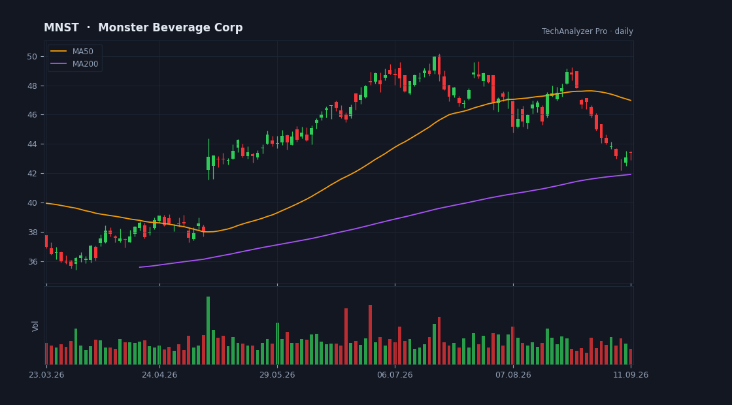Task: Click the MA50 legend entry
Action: tap(75, 52)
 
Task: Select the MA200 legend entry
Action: tap(75, 64)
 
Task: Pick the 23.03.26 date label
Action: tap(46, 375)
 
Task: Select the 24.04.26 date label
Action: tap(159, 375)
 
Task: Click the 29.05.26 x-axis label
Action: tap(277, 375)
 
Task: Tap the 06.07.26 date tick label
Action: tap(395, 375)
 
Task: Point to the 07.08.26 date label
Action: tap(513, 375)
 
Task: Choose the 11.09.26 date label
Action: tap(631, 375)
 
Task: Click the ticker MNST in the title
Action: tap(61, 28)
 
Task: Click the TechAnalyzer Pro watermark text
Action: tap(574, 31)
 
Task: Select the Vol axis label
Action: tap(35, 326)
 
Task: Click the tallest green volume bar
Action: tap(208, 331)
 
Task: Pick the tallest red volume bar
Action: tap(370, 334)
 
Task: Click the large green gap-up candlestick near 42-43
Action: tap(208, 163)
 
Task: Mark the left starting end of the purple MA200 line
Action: tap(139, 267)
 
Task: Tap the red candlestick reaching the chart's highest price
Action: tap(439, 65)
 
